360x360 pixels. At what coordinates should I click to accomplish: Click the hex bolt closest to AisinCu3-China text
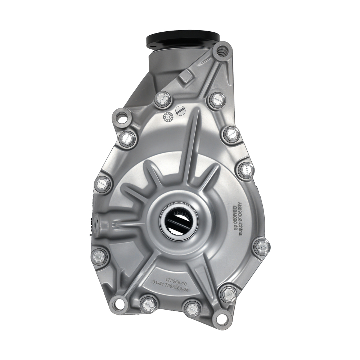click(261, 246)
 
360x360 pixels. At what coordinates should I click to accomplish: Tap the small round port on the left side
click(96, 222)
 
